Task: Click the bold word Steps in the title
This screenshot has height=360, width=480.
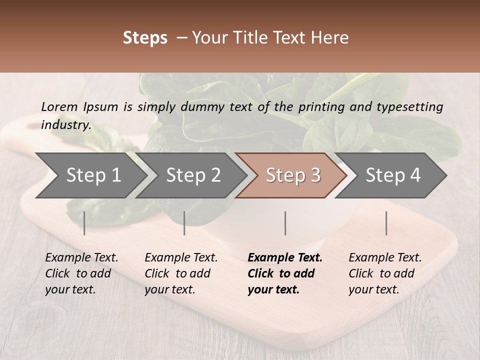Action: click(x=145, y=38)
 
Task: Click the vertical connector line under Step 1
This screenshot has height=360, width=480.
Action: click(x=84, y=223)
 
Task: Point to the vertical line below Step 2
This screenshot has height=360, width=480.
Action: click(x=184, y=223)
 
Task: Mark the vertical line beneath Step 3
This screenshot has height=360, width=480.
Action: click(x=285, y=223)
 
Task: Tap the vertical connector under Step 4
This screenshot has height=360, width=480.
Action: click(x=386, y=223)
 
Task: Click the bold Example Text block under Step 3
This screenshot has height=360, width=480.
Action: click(x=285, y=273)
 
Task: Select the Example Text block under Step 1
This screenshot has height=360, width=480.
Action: click(x=81, y=273)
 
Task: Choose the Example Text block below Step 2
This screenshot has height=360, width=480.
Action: click(x=181, y=273)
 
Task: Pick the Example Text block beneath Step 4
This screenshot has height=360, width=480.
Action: click(x=385, y=273)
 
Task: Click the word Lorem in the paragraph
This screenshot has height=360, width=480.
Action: click(x=59, y=106)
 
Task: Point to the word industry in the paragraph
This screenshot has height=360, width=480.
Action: click(x=66, y=124)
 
